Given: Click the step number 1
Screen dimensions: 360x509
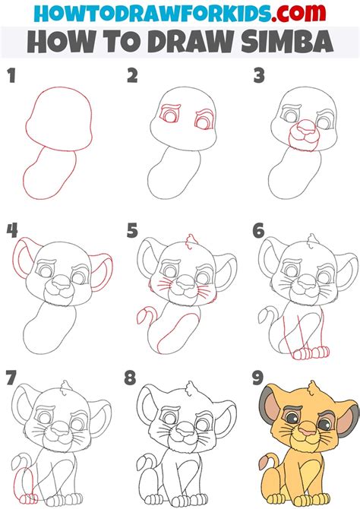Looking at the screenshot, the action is [x=11, y=76].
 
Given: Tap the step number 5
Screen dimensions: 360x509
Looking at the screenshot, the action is [x=132, y=230].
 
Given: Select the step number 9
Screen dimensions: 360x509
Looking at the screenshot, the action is [x=257, y=378].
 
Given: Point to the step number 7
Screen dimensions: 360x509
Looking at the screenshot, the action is [x=11, y=378].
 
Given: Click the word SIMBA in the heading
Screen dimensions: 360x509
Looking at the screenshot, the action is [x=287, y=42].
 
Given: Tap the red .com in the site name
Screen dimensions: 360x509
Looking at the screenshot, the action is [x=299, y=12].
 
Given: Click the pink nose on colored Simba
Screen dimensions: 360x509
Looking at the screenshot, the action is [x=306, y=431].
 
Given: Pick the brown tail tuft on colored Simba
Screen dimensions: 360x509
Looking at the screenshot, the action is [x=263, y=463].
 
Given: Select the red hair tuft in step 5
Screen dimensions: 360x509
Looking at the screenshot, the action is [x=191, y=241].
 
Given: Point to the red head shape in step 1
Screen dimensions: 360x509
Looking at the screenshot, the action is [x=58, y=119].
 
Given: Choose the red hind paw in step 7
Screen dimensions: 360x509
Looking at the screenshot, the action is [x=29, y=498].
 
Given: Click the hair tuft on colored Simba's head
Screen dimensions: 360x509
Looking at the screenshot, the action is [x=313, y=388].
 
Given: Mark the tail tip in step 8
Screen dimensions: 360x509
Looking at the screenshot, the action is [x=141, y=463].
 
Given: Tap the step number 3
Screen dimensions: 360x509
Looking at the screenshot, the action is [x=259, y=76].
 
